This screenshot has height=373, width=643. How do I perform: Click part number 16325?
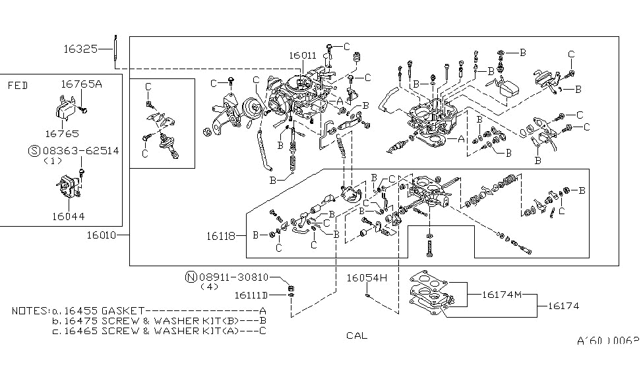80,49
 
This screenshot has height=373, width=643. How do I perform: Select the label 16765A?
81,84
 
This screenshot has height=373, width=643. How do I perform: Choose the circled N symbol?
189,277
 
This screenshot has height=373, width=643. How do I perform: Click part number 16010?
105,235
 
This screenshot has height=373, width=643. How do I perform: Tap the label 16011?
303,57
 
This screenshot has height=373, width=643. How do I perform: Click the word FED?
18,85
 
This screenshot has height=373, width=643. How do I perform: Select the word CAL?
357,335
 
